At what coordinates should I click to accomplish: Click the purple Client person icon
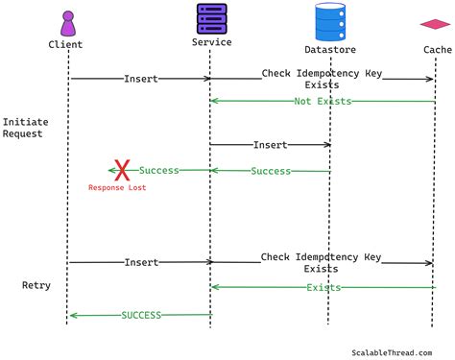pyautogui.click(x=67, y=23)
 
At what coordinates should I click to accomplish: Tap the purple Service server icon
pyautogui.click(x=210, y=18)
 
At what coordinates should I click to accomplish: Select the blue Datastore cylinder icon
pyautogui.click(x=329, y=21)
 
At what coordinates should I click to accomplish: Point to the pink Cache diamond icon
pyautogui.click(x=436, y=24)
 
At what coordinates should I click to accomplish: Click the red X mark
pyautogui.click(x=122, y=171)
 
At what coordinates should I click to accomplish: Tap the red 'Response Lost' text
pyautogui.click(x=117, y=188)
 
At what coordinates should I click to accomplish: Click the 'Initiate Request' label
pyautogui.click(x=25, y=129)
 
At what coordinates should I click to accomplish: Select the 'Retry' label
pyautogui.click(x=36, y=286)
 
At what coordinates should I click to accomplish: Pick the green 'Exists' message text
pyautogui.click(x=323, y=287)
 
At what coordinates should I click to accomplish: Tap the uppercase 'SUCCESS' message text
pyautogui.click(x=141, y=315)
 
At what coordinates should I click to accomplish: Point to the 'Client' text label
pyautogui.click(x=66, y=44)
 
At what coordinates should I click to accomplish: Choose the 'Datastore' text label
pyautogui.click(x=330, y=49)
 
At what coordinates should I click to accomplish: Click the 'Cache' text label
pyautogui.click(x=437, y=49)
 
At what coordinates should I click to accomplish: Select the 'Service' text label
pyautogui.click(x=211, y=42)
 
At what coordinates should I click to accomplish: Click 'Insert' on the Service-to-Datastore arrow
pyautogui.click(x=270, y=145)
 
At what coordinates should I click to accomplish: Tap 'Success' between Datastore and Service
pyautogui.click(x=271, y=171)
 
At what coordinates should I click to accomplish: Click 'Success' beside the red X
pyautogui.click(x=159, y=171)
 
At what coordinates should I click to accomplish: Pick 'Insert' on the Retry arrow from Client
pyautogui.click(x=141, y=261)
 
